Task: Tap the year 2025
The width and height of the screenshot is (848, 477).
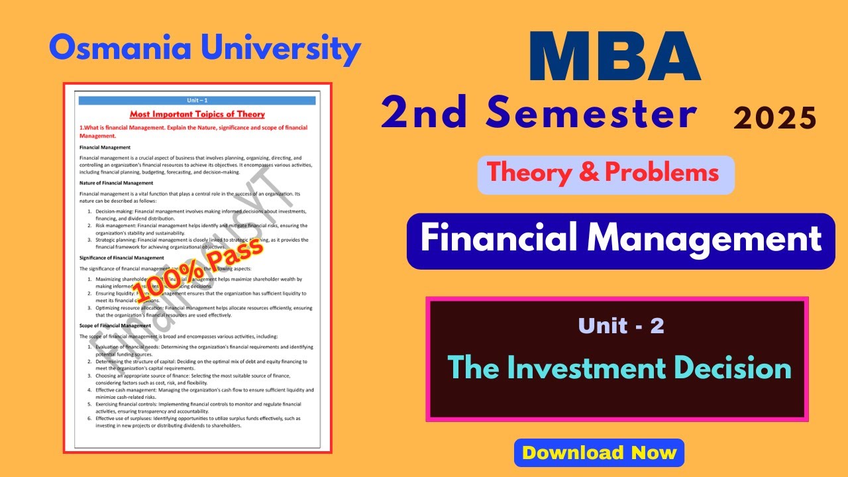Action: pyautogui.click(x=774, y=119)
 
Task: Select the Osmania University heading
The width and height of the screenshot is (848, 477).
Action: pyautogui.click(x=205, y=48)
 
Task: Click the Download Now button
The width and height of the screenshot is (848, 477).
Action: pyautogui.click(x=599, y=453)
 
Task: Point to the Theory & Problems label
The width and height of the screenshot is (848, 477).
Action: pyautogui.click(x=603, y=173)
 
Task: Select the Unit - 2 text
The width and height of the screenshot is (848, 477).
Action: pyautogui.click(x=620, y=325)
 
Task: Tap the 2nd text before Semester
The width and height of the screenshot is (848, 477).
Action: pyautogui.click(x=425, y=114)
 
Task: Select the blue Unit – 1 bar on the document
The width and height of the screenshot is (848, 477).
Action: pyautogui.click(x=197, y=100)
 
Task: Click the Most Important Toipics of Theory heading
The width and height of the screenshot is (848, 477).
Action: pyautogui.click(x=197, y=114)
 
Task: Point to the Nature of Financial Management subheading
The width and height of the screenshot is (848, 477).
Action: pyautogui.click(x=116, y=183)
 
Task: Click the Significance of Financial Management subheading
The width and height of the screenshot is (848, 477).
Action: pyautogui.click(x=121, y=258)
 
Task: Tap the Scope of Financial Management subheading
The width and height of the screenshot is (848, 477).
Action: pyautogui.click(x=115, y=326)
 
